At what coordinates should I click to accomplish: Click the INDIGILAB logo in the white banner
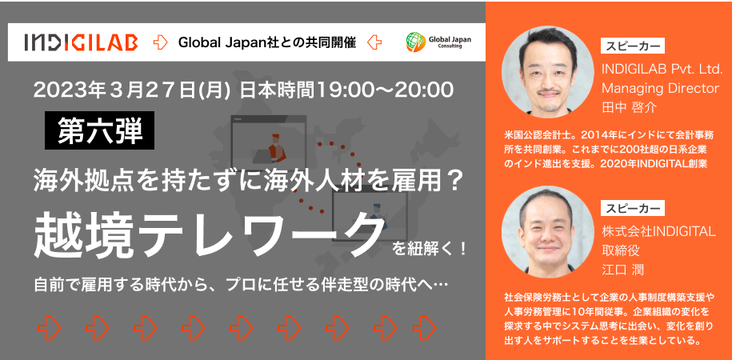(82, 42)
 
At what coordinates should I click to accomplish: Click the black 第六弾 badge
(99, 130)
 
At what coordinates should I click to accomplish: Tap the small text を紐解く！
(430, 248)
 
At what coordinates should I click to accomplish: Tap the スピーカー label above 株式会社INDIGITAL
(633, 208)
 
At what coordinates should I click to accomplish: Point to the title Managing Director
(661, 88)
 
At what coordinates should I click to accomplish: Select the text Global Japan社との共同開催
(266, 42)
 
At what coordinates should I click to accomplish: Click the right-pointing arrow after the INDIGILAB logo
(161, 42)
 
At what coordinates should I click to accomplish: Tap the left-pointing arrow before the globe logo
(374, 42)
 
